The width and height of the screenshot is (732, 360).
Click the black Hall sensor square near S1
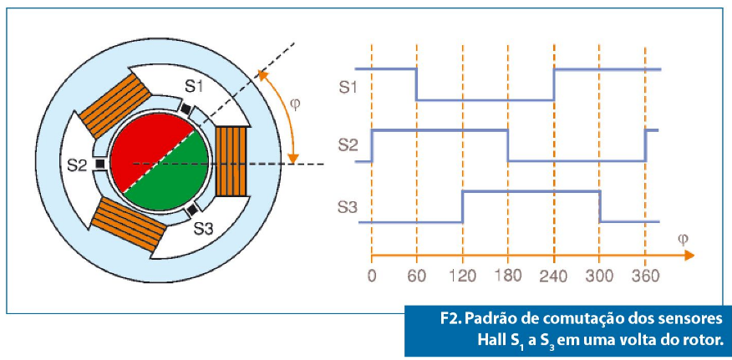(x=186, y=109)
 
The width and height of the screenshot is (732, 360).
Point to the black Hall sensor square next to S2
(x=100, y=164)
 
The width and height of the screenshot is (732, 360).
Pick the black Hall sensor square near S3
(x=191, y=211)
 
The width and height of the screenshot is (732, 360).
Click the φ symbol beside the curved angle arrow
(x=295, y=104)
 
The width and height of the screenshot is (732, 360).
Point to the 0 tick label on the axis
(x=372, y=276)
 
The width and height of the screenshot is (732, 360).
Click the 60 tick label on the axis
(x=416, y=276)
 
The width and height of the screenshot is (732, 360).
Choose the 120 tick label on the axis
(x=463, y=276)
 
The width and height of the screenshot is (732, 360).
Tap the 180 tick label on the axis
(x=508, y=276)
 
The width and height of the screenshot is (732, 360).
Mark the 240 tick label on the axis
(x=554, y=276)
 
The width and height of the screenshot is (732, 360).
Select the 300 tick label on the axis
(x=599, y=276)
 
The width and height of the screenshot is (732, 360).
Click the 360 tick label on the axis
(x=645, y=276)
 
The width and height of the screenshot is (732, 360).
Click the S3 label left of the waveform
(x=347, y=206)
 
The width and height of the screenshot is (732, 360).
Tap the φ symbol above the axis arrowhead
(x=682, y=241)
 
